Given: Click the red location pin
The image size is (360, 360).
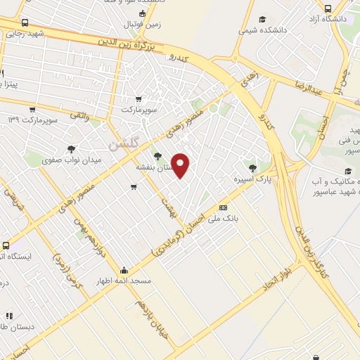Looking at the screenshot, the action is click(x=181, y=165).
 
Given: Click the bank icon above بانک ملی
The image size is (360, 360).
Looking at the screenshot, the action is click(x=224, y=207).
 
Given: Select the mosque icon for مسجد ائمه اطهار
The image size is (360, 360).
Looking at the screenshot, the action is click(x=124, y=270).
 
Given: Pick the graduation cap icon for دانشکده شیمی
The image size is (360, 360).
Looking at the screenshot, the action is click(x=262, y=20).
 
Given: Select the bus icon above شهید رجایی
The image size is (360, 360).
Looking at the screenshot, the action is click(x=26, y=22).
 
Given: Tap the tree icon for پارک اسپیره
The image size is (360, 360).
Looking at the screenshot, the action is click(x=252, y=167).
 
